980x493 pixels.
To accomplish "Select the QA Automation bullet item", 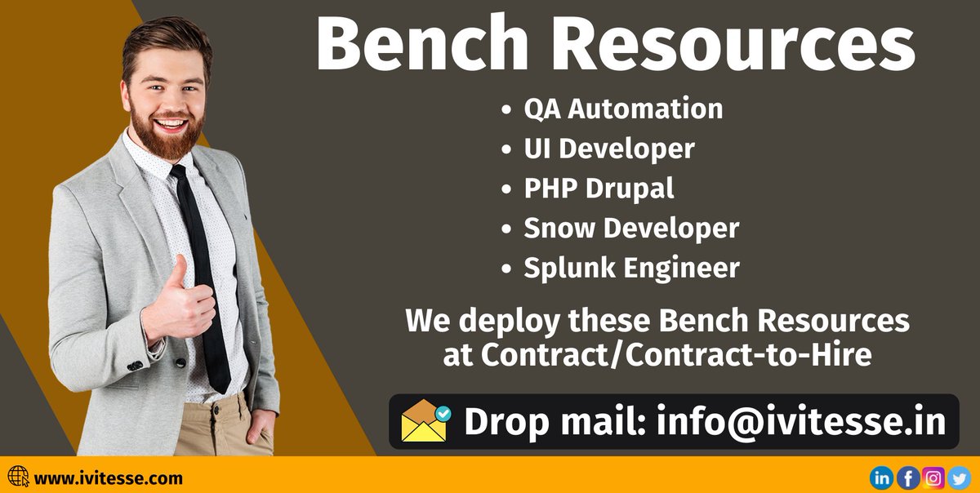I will coord(622,109).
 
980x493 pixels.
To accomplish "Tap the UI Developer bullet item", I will coord(608,149).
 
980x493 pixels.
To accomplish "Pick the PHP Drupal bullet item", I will coord(599,189).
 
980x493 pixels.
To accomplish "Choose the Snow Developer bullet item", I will coord(630,228).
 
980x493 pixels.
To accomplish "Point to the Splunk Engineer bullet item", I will coord(631,268).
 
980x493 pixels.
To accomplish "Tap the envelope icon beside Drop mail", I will coord(425,421).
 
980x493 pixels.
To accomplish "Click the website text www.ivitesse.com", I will coord(109,478).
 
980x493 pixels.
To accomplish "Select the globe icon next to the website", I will coord(18,477).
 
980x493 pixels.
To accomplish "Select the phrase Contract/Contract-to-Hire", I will coord(657,355).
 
